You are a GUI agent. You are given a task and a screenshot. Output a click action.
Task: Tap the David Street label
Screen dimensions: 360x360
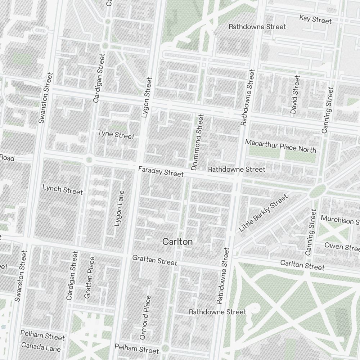[295, 95]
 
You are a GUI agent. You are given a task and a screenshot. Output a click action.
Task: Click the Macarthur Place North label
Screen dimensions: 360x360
[280, 146]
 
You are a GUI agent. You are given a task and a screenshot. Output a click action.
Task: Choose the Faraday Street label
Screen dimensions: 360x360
[161, 171]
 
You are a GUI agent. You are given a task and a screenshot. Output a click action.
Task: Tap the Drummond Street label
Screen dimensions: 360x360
[197, 143]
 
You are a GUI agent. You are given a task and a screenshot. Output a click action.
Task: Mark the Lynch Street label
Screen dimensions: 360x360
[62, 190]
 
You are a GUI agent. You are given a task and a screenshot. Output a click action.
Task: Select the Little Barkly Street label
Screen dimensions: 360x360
[264, 213]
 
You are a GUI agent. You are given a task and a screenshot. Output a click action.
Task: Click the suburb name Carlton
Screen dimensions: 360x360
[177, 242]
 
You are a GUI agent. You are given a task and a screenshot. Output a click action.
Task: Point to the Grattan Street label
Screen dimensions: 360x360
[154, 260]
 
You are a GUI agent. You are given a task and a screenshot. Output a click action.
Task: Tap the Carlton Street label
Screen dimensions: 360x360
[302, 265]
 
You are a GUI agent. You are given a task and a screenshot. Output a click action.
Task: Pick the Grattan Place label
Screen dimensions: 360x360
[89, 278]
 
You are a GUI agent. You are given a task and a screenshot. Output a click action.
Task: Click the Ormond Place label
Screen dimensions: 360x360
[145, 318]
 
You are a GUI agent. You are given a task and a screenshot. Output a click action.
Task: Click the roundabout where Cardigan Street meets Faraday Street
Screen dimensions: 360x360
[89, 160]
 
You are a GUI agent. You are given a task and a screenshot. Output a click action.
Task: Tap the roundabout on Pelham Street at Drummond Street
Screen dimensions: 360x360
[165, 348]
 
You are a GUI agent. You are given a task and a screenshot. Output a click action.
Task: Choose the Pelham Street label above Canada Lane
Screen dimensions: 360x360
[42, 336]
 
